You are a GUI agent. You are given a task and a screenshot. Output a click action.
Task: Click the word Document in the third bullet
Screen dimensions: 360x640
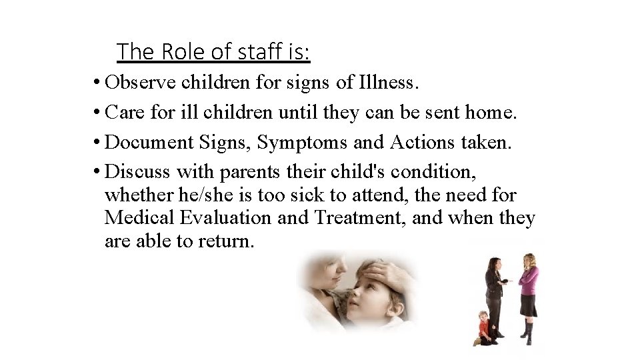[x=145, y=141]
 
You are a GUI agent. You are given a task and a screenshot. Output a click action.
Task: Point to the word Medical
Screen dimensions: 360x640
[x=141, y=217]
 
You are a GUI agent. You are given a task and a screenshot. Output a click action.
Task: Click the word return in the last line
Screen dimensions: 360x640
[x=226, y=240]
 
